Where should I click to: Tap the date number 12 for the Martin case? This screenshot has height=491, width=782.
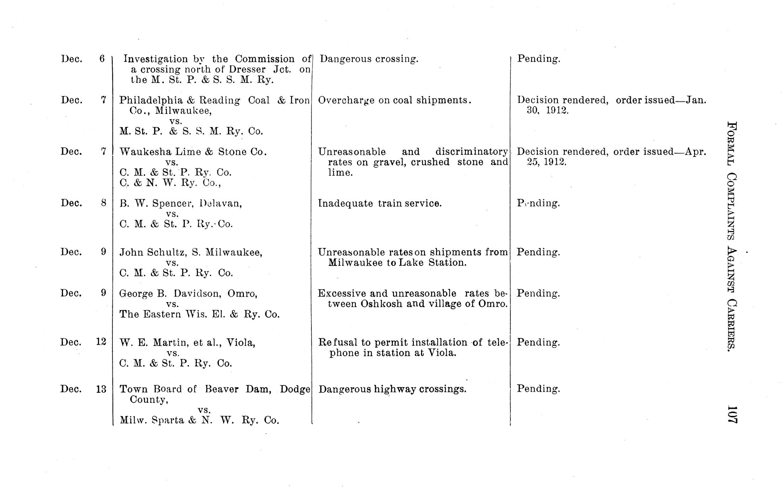tap(101, 342)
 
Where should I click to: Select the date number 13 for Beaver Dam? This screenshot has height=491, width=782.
tap(101, 389)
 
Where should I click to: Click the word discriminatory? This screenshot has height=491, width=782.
tap(472, 152)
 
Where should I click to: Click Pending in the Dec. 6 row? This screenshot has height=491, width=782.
tap(539, 59)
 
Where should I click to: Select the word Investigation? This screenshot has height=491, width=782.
tap(155, 59)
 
